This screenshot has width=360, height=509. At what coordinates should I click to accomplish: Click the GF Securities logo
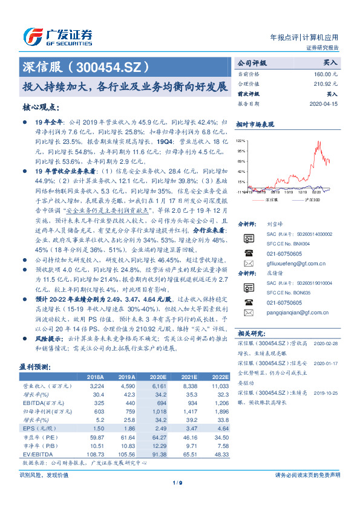coord(57,36)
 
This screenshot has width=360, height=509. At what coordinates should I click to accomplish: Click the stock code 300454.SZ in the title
coord(110,66)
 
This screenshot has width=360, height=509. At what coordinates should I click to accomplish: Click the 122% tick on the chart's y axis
coord(240,139)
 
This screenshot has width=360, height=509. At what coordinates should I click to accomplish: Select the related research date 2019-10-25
coord(327,392)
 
